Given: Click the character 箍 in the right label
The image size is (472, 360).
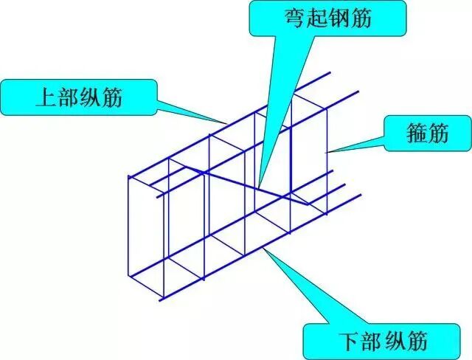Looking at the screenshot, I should click(x=415, y=134).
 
